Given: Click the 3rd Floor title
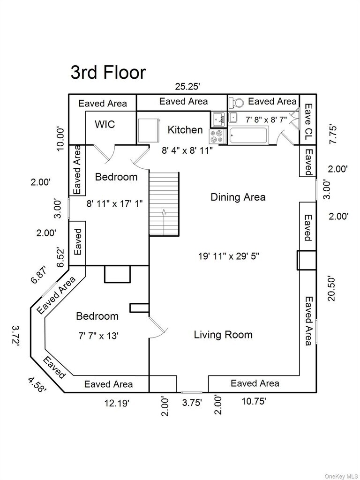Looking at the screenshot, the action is tap(108, 73).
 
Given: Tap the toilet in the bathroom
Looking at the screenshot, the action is tap(237, 102).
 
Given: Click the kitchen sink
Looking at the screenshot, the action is tap(218, 119).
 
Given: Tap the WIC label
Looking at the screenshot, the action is tap(105, 125).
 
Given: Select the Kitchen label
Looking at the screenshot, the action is tap(185, 130).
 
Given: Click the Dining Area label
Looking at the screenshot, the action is tap(238, 197).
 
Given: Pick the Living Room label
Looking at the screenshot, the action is tap(223, 335).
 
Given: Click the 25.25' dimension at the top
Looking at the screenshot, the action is tap(187, 86).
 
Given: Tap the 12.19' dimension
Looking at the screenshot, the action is tap(116, 402).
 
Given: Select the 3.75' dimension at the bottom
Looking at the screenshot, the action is tap(192, 402).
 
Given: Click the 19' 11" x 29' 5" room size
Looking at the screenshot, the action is tap(228, 256).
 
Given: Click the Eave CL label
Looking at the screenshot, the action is tap(308, 122).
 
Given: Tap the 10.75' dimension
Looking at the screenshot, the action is tap(252, 401).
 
